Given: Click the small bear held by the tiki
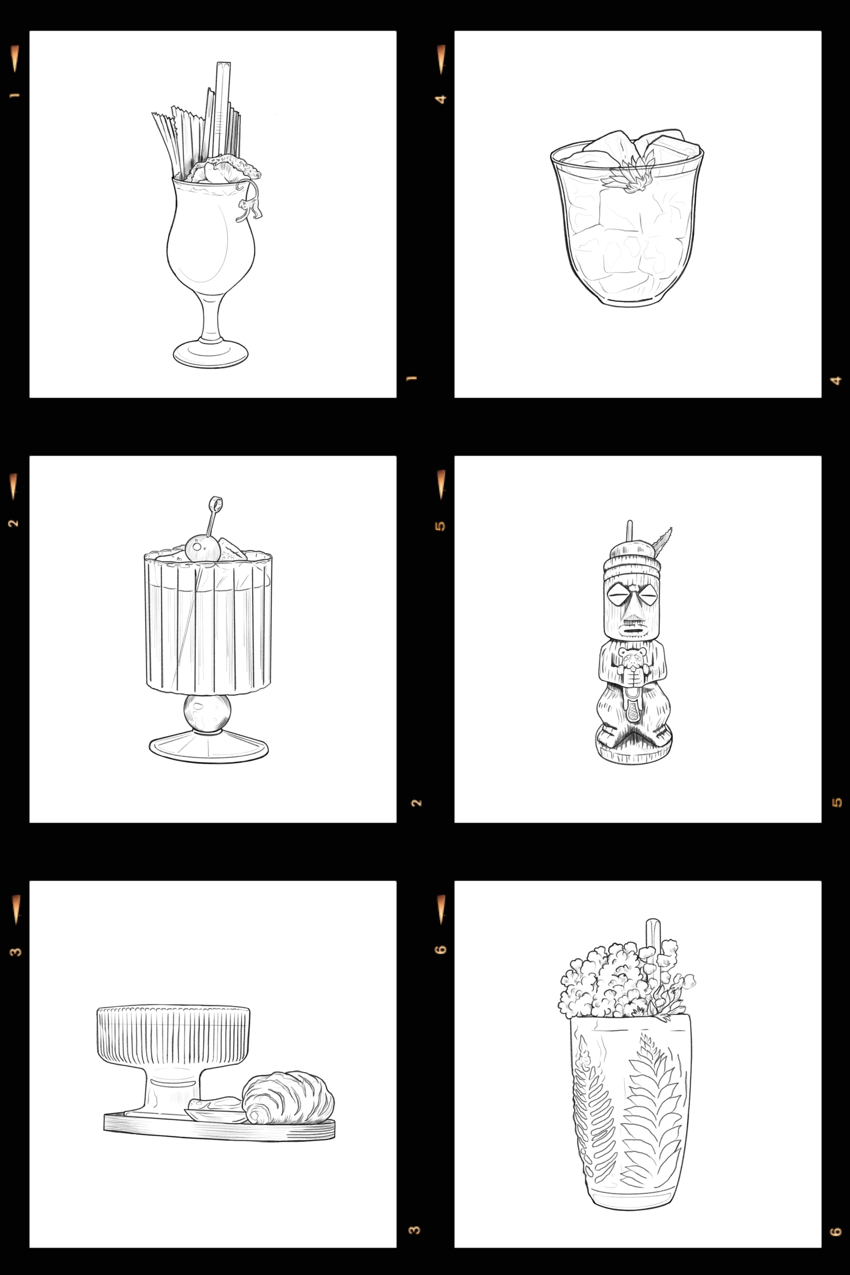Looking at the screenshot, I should coord(630,663).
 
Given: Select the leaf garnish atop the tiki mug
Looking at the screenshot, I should coord(663,542).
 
